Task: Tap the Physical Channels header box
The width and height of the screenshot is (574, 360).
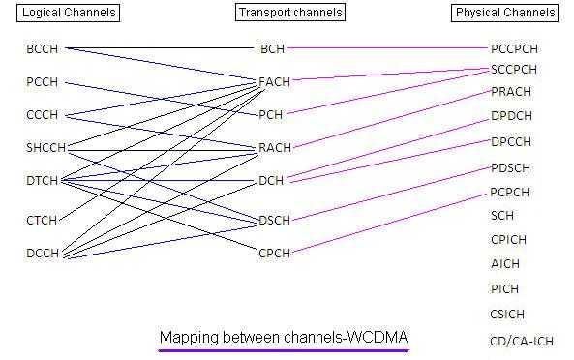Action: (x=505, y=13)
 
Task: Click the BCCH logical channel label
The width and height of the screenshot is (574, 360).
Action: (x=43, y=47)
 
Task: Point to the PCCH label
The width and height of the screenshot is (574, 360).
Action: (x=43, y=82)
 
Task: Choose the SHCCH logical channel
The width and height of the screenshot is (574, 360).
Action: (x=45, y=147)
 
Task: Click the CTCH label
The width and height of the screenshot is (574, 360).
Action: (x=43, y=220)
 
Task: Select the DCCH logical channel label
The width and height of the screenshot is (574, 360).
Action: (x=43, y=254)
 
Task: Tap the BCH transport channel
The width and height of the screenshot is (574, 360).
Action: (x=272, y=47)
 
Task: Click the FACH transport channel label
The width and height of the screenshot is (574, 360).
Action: (x=274, y=81)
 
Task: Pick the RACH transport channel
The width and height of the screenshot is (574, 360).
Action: (x=274, y=148)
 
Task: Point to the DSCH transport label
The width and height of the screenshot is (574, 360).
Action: (x=274, y=220)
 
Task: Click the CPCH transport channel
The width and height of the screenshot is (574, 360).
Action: (x=274, y=254)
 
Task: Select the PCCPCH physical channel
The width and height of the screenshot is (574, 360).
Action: (x=513, y=47)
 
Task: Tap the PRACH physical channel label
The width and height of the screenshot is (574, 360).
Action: (x=511, y=92)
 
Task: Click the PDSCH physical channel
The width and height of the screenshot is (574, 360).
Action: (x=511, y=167)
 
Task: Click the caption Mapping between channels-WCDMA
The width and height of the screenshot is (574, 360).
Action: (x=284, y=337)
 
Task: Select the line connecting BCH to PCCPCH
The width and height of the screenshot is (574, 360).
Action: (x=387, y=47)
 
